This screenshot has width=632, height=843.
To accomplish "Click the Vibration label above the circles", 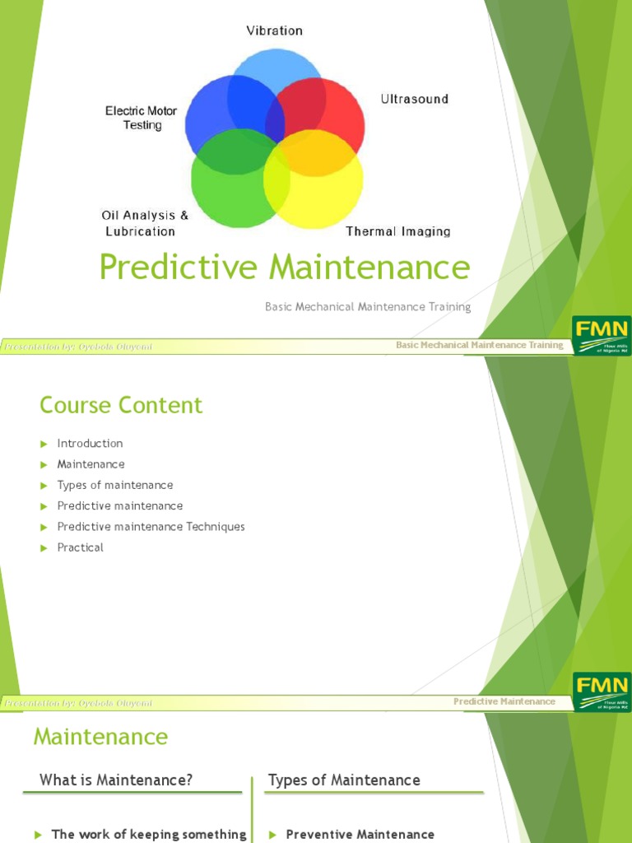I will coord(275,30).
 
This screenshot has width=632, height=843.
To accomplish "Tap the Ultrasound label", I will coord(414,99).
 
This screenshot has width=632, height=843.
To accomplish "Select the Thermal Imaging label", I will coord(397,231).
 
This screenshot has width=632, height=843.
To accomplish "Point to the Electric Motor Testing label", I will coord(142,118).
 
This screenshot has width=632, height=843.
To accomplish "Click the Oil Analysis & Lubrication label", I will coord(145,223).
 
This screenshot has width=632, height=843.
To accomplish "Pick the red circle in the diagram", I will coord(333,111).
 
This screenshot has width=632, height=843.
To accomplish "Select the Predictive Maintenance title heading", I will coord(285,268).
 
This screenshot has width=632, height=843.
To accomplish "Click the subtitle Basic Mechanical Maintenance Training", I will coord(368,307).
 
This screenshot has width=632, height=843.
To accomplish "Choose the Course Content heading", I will coord(121,405).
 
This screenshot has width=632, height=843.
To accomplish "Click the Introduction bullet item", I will coord(90,443).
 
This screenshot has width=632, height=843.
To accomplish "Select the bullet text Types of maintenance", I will coord(115,485).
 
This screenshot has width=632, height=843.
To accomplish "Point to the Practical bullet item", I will coord(80,547).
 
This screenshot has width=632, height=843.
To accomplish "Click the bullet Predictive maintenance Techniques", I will coord(151,527).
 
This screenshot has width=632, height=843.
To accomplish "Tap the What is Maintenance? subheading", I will coord(116,780).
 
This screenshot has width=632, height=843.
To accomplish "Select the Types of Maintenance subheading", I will coord(344,780).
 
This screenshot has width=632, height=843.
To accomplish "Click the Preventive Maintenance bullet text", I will coord(360,834).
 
